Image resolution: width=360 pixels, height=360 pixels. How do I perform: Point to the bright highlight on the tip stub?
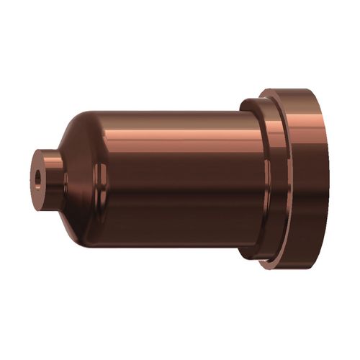pyautogui.click(x=50, y=160)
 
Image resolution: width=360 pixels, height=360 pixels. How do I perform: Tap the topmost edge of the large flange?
pyautogui.click(x=288, y=89)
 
